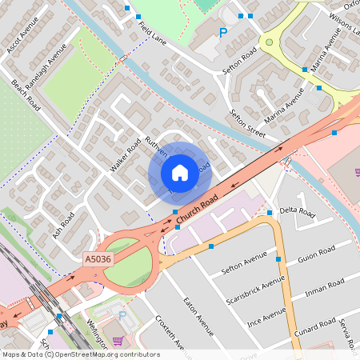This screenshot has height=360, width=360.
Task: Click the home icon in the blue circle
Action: point(180,173)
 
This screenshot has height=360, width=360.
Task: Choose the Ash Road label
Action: point(63,225)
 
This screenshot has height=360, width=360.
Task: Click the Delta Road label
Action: point(298,214)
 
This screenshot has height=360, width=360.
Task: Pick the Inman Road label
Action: point(326,286)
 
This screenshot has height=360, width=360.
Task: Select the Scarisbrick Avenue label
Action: point(266,296)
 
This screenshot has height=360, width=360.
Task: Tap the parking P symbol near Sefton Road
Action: point(223,33)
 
